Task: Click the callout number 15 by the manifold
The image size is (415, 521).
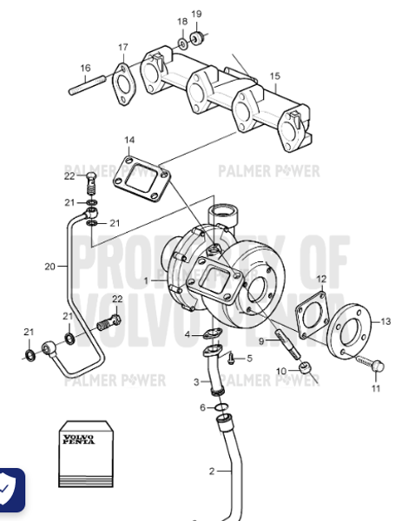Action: pos(274,76)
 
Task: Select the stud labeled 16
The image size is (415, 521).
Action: pos(86,87)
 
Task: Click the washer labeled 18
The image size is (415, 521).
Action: pos(183,43)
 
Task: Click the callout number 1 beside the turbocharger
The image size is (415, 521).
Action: pos(147,280)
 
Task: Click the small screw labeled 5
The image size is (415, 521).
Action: pos(231,355)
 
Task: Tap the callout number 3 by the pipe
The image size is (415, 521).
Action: pos(195,382)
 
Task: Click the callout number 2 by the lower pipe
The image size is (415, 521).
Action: pos(210,472)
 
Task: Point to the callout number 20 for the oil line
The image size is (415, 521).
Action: pos(49,266)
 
